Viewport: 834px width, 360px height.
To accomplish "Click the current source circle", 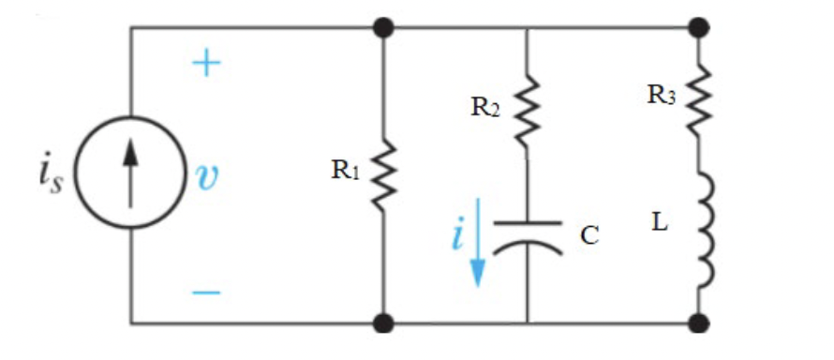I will [x=129, y=175].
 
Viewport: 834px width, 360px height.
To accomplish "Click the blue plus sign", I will [x=206, y=64].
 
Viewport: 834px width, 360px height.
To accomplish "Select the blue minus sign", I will [x=206, y=292].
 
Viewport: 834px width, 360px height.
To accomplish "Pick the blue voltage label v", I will [x=206, y=176].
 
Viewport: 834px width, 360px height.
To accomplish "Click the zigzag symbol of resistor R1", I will [x=384, y=175].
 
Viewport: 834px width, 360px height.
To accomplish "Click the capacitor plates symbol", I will [x=527, y=234].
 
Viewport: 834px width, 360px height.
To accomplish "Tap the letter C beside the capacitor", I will [x=588, y=234].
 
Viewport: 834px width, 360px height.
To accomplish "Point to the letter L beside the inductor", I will [x=660, y=225].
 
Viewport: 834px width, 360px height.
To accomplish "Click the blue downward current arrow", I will [x=479, y=241].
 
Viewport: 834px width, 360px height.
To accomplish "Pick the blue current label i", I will [x=456, y=234].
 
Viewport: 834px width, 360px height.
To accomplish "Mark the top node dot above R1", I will [x=384, y=27].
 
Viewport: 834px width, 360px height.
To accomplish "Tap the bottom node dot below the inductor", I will [x=698, y=323].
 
